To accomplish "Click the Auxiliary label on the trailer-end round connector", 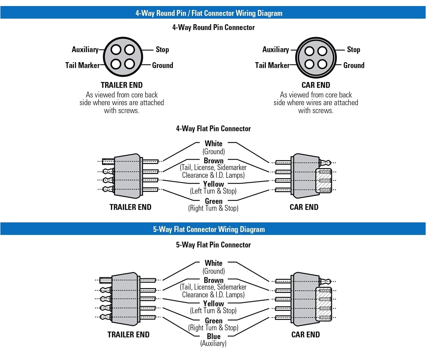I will (x=85, y=49).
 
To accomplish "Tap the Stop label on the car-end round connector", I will (x=353, y=49).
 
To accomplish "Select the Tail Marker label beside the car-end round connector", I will (x=272, y=65).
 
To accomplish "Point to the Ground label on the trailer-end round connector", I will (x=162, y=65).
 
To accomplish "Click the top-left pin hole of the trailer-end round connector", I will (x=116, y=50).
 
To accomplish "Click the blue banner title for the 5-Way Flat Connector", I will (x=209, y=229).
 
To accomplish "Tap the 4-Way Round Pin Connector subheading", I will (x=213, y=27).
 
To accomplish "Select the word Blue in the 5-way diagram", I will (x=214, y=336).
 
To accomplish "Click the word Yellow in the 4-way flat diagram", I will (x=213, y=184).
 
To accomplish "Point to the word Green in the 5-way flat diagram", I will (x=214, y=321).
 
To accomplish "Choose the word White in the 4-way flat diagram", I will (x=213, y=143).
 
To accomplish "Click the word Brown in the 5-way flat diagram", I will (x=214, y=280).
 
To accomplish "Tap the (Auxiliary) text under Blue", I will (x=213, y=343).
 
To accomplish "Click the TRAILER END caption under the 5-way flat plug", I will (x=129, y=335).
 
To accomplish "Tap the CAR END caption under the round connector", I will (x=316, y=85).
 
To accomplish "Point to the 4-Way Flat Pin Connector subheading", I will (x=213, y=128).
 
